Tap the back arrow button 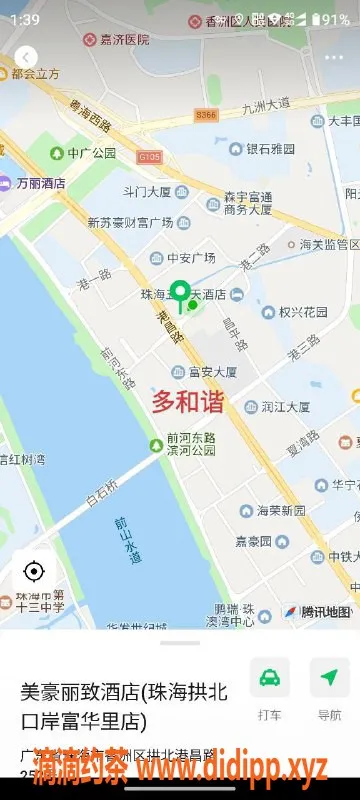(x=26, y=57)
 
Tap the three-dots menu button (x=333, y=57)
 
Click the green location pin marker (x=180, y=293)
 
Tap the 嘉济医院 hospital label (x=117, y=39)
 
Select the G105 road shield (x=149, y=157)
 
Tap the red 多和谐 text (x=188, y=402)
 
